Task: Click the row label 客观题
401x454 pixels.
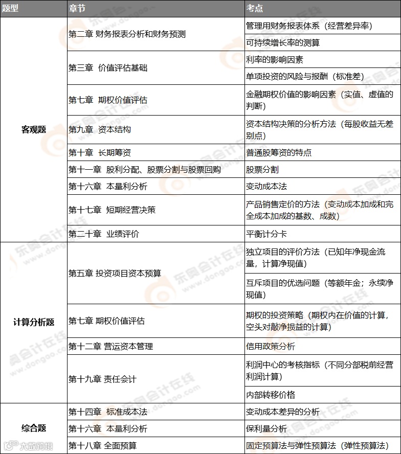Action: click(x=33, y=129)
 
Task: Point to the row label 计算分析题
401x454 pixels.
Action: click(x=33, y=322)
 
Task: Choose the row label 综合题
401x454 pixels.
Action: click(x=33, y=428)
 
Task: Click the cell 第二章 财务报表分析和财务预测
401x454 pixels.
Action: click(x=127, y=34)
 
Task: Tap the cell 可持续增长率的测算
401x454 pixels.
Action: click(x=282, y=43)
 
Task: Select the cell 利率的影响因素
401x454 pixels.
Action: click(x=275, y=60)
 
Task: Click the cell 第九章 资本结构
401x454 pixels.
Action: click(x=100, y=129)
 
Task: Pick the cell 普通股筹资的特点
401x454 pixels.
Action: click(x=279, y=152)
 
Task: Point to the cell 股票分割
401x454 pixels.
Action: click(x=262, y=169)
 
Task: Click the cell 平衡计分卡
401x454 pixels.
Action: click(x=266, y=234)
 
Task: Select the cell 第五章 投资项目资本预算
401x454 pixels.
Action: click(x=115, y=273)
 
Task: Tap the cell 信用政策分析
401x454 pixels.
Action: click(x=270, y=346)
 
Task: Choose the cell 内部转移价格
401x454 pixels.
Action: click(x=270, y=395)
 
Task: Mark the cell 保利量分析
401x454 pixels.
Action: click(x=266, y=428)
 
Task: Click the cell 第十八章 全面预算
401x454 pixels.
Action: click(x=102, y=445)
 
